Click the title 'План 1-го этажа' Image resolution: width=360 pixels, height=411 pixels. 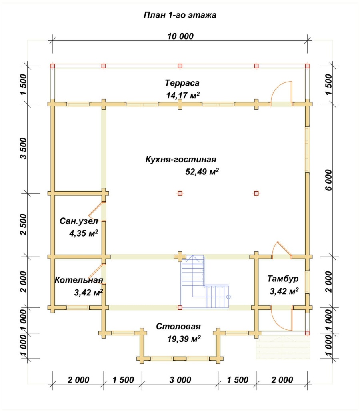tap(180, 15)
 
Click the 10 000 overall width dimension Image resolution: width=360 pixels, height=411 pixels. tap(180, 36)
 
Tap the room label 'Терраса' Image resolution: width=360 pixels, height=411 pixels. tap(182, 83)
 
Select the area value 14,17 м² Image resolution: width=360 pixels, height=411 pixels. tap(183, 95)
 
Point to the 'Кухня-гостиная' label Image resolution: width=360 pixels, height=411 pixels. tap(181, 160)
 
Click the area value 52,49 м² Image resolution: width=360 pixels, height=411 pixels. tap(202, 172)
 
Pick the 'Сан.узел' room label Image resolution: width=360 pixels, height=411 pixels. tap(75, 221)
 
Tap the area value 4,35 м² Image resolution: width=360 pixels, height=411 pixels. tap(84, 233)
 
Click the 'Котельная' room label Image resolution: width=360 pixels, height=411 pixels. tap(79, 280)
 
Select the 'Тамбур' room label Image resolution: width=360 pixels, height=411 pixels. tap(283, 279)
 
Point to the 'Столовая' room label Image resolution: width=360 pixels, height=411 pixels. tap(178, 327)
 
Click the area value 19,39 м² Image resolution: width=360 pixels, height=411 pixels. tap(184, 339)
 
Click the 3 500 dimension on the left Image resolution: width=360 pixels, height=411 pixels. tap(23, 148)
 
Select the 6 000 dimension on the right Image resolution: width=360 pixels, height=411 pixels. tap(329, 180)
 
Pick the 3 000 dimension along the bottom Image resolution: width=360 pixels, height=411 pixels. tap(180, 380)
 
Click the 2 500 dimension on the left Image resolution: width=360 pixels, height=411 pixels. tap(23, 225)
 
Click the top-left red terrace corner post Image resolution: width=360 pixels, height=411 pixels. tap(53, 66)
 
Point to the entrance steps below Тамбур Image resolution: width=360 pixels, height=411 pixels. tap(283, 347)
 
